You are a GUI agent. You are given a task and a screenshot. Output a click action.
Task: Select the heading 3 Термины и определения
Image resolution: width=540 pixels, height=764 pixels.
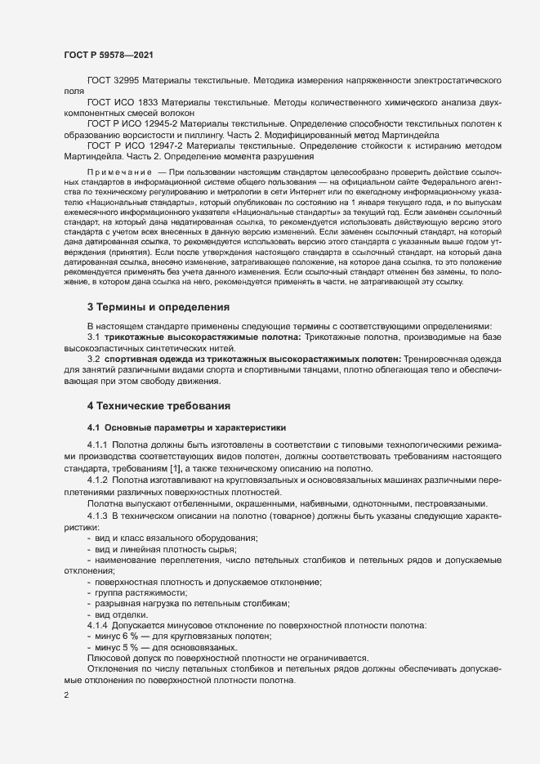(x=158, y=307)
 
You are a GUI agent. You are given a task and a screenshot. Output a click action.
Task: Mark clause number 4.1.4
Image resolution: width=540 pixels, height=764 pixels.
(x=97, y=625)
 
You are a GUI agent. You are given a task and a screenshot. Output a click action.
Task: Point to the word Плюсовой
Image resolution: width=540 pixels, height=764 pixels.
(x=110, y=658)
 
